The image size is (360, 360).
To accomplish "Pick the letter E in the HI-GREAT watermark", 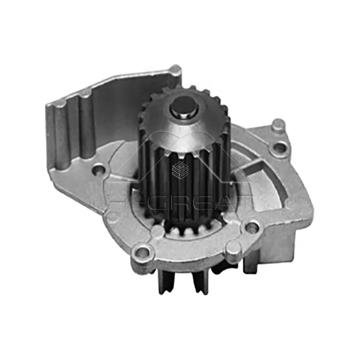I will [196, 198].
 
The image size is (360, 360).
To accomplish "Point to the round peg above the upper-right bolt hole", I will [279, 125].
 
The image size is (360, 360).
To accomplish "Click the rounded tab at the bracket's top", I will [175, 71].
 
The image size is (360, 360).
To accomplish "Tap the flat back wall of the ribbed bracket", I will [121, 112].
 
